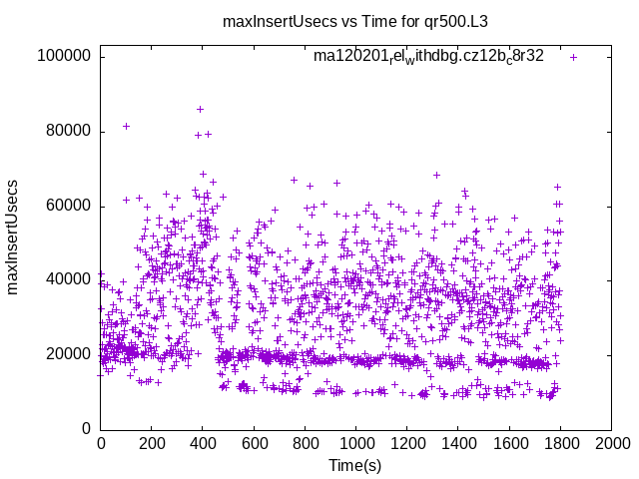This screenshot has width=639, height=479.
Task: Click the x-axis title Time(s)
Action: click(x=355, y=465)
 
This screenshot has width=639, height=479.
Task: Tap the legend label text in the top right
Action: click(x=428, y=56)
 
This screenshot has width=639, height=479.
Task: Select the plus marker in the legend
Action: click(x=573, y=57)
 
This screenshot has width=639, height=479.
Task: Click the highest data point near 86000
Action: click(x=201, y=109)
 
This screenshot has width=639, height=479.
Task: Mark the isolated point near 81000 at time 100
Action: click(x=126, y=126)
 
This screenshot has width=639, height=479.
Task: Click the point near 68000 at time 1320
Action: click(x=436, y=175)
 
